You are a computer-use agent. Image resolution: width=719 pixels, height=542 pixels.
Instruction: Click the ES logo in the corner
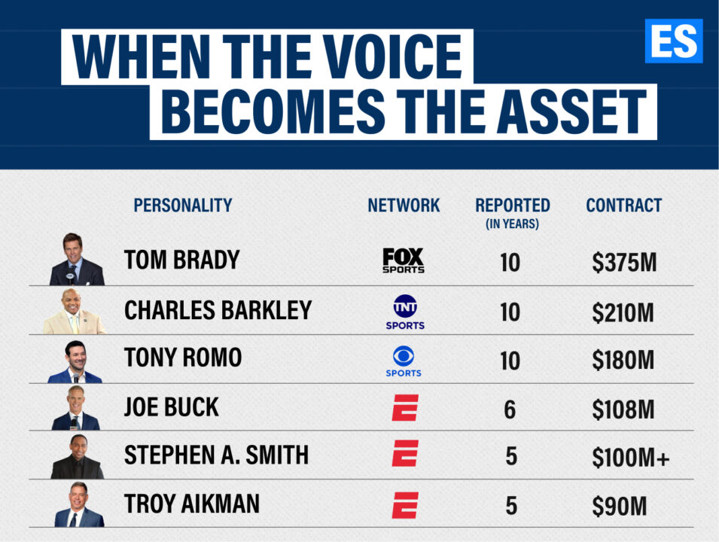click(674, 41)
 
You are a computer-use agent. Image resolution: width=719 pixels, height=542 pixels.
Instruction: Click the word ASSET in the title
click(571, 111)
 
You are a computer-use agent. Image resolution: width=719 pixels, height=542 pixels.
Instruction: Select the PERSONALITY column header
click(183, 205)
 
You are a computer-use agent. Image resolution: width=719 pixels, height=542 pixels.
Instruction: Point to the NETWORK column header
click(404, 205)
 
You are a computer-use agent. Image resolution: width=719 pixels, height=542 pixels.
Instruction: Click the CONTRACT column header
click(624, 205)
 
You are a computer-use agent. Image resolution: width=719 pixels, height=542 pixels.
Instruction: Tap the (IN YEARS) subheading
click(512, 224)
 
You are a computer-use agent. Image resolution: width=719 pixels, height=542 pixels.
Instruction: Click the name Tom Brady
click(182, 260)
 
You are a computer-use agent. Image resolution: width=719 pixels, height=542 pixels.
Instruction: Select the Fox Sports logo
click(404, 260)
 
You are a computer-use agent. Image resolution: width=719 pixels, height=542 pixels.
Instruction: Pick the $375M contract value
click(624, 263)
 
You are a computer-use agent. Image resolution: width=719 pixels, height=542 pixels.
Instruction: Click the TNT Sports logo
click(405, 312)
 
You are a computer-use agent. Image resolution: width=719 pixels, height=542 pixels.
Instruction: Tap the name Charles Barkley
click(218, 310)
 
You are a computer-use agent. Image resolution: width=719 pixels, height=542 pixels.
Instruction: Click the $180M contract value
click(623, 360)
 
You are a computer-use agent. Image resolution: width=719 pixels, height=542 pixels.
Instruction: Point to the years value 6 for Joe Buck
click(510, 410)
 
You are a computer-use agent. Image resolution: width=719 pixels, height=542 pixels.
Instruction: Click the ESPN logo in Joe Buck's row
click(405, 408)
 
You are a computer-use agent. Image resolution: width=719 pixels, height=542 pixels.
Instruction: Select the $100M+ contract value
click(630, 457)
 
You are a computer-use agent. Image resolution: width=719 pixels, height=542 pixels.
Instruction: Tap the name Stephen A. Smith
click(216, 455)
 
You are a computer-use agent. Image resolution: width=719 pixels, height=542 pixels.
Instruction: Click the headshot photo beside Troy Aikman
click(79, 504)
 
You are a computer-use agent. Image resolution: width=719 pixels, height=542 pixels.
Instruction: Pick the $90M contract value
click(619, 506)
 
